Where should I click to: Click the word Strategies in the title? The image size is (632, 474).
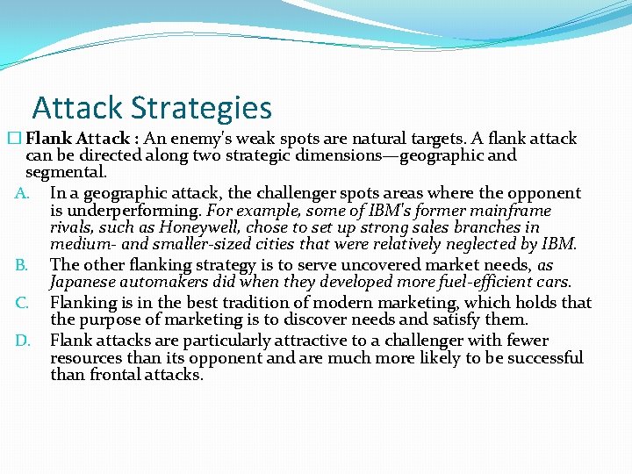(x=202, y=108)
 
